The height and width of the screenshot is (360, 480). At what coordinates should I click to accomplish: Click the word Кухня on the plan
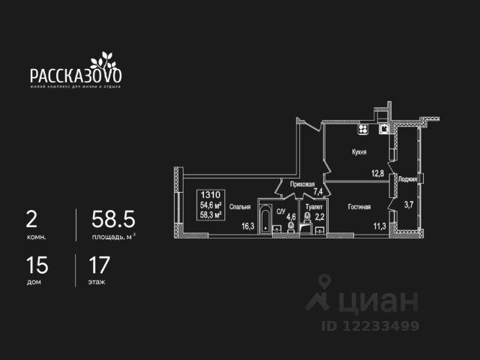[359, 151]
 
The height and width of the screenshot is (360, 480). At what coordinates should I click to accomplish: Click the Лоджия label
[408, 179]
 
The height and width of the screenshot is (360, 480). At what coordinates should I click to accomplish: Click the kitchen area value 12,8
[377, 173]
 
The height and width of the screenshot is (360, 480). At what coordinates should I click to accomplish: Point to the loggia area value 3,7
[409, 203]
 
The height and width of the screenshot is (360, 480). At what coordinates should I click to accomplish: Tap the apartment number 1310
[211, 193]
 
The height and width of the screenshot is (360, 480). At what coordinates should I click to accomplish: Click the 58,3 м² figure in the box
[211, 214]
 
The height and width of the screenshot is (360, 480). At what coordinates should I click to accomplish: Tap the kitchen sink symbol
[385, 128]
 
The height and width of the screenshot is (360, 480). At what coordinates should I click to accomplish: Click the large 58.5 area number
[112, 220]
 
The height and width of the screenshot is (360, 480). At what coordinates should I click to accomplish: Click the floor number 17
[100, 265]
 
